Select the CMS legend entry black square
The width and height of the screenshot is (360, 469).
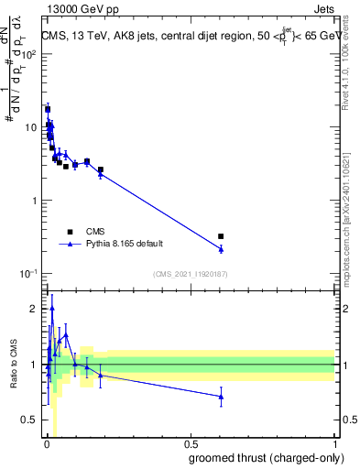[70, 232]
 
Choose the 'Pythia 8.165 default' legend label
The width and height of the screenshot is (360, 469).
[125, 245]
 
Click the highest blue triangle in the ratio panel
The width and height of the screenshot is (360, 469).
[52, 309]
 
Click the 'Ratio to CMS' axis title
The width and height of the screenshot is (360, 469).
[14, 365]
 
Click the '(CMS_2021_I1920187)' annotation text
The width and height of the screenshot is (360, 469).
[189, 274]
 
